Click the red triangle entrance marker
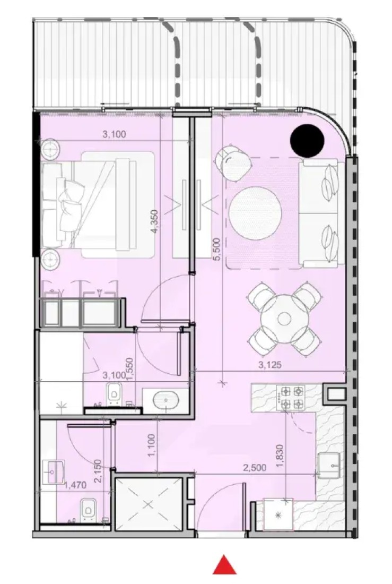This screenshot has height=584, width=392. pos(224,565)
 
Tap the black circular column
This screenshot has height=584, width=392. pos(307,140)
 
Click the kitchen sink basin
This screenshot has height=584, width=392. pos(329,465)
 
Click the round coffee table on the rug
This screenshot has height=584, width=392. pos(255,210)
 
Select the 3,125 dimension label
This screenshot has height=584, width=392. pos(269,365)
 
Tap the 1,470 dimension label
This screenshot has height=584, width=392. pos(75,485)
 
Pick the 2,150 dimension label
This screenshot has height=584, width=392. pos(98,471)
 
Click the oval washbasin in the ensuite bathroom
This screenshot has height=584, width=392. pos(166,401)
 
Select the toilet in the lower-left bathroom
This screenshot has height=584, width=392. pos(88,509)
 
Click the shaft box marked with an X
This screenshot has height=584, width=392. pos(149,505)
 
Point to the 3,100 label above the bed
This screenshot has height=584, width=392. pos(114,134)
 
